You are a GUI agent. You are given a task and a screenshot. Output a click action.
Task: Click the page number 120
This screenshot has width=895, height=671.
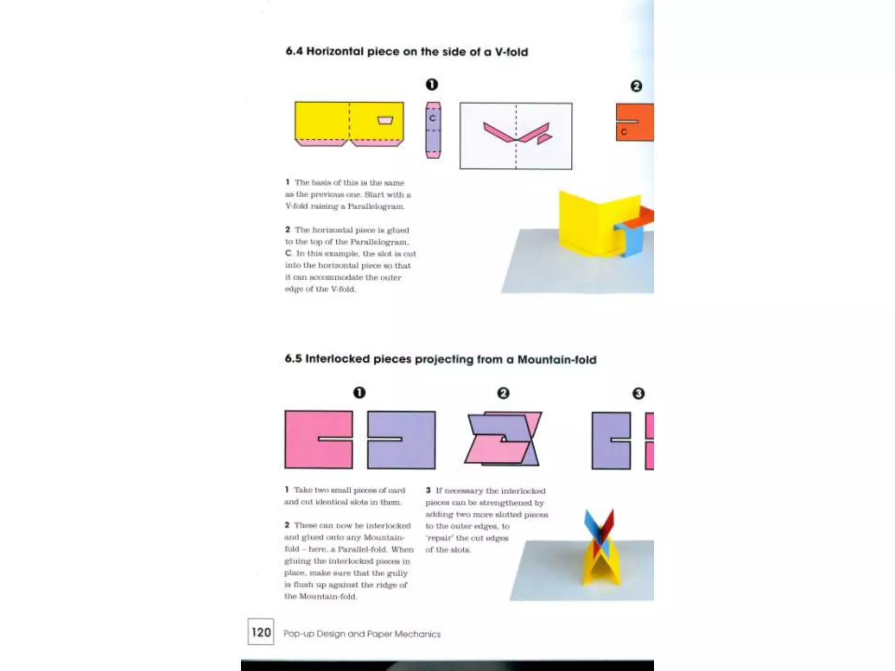[261, 632]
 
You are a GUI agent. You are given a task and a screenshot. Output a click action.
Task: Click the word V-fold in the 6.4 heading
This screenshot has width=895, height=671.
[511, 52]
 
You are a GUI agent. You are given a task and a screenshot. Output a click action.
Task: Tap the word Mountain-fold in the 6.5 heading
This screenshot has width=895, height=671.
[557, 360]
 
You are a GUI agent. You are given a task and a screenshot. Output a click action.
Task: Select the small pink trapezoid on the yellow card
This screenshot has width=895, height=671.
[385, 120]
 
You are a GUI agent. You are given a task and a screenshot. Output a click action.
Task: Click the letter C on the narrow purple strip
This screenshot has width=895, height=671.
[432, 118]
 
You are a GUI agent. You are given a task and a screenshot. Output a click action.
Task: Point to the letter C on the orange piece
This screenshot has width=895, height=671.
[624, 132]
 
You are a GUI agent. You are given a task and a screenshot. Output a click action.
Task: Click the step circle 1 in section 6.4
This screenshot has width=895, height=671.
[432, 84]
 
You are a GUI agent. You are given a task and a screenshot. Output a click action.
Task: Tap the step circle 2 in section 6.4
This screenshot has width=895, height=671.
[636, 86]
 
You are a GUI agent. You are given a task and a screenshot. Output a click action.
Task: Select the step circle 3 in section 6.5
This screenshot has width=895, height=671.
[638, 394]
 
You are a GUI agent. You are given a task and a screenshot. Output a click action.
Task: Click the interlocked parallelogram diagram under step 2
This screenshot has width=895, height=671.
[503, 439]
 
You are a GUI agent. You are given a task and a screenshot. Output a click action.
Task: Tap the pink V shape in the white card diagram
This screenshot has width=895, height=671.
[516, 133]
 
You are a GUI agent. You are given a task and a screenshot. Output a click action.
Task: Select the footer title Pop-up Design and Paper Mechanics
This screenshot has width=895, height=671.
[362, 634]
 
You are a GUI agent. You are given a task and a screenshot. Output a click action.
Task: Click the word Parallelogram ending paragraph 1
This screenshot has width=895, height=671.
[376, 207]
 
